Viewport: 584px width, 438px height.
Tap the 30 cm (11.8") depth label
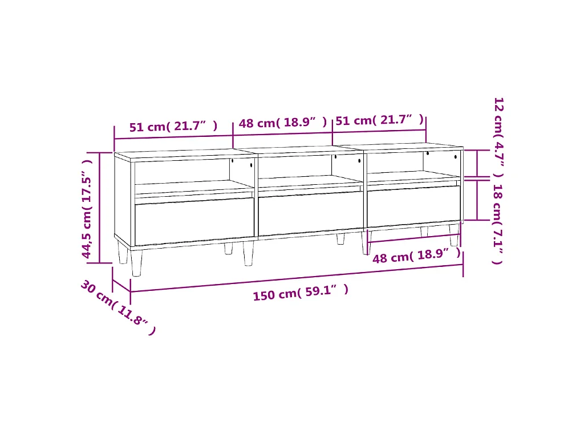[118, 307]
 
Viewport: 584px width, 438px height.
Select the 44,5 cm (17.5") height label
[87, 209]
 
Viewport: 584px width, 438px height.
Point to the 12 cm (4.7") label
[498, 137]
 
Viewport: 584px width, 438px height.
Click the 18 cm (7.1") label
[498, 224]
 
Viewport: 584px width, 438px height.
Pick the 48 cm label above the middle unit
[283, 122]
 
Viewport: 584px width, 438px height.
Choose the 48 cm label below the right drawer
[417, 255]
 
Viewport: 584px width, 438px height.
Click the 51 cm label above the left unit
[173, 126]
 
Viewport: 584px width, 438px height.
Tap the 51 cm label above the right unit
[379, 120]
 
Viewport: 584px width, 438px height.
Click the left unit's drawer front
[194, 221]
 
